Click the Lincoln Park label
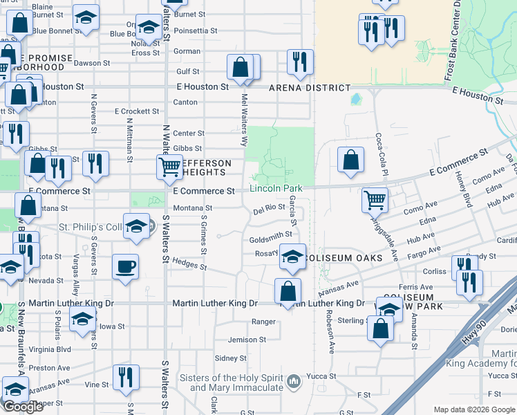[276, 188]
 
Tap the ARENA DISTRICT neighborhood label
[310, 88]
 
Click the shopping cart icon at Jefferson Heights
[169, 167]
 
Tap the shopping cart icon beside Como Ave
[375, 200]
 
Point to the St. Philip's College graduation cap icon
[137, 227]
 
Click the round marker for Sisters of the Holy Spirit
[294, 380]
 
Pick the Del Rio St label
[269, 207]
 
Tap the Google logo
[23, 407]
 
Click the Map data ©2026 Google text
[473, 409]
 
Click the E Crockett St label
[137, 111]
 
